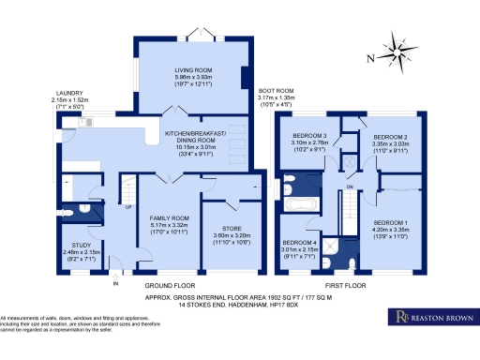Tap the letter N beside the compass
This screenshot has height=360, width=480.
372,58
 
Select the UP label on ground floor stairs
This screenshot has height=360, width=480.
129,208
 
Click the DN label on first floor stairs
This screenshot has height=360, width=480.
349,188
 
